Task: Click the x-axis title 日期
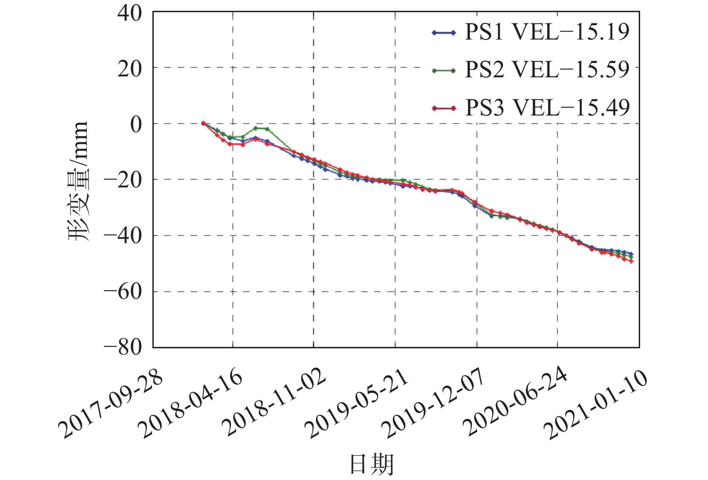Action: (372, 464)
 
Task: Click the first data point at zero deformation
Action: (203, 123)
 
